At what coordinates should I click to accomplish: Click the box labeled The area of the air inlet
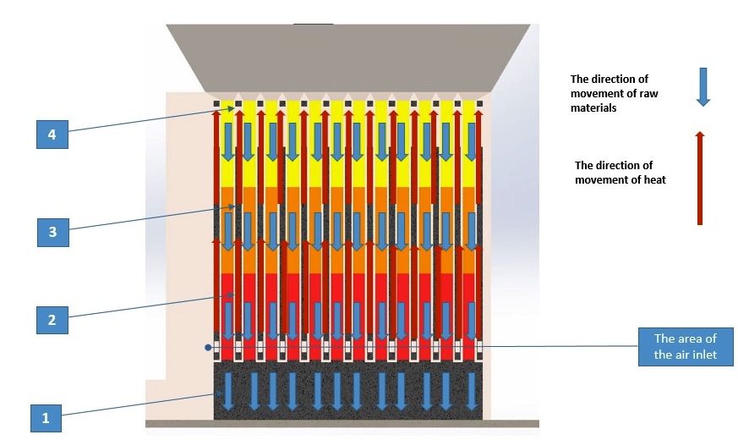coord(686,347)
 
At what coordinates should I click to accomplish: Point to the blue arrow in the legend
coord(702,87)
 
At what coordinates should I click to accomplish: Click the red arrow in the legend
coord(699,178)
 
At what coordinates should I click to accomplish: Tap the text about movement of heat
coord(620,172)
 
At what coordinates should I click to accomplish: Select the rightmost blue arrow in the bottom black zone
coord(469,392)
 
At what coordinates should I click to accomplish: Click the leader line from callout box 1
coord(139,405)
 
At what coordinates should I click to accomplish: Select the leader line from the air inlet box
coord(558,346)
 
